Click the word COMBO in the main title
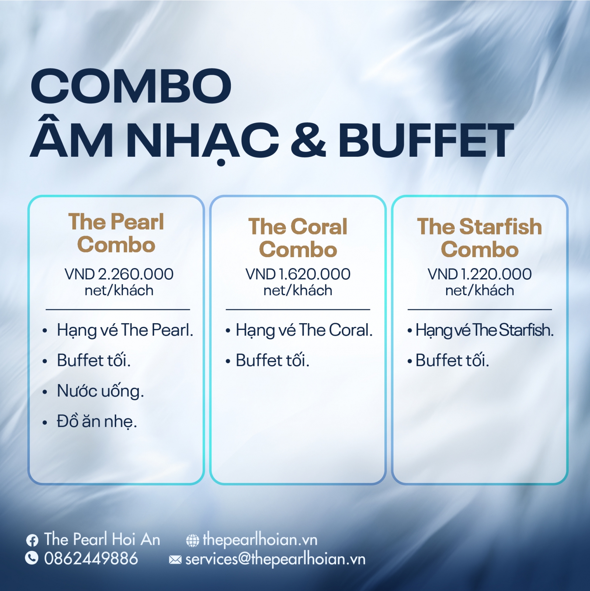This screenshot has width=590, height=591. [x=131, y=86]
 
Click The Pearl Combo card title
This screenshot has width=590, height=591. [x=116, y=233]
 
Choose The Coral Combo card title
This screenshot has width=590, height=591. [x=298, y=238]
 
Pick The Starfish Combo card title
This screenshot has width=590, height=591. [x=479, y=238]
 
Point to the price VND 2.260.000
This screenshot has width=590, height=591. [x=119, y=274]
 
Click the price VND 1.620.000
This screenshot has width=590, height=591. [x=298, y=274]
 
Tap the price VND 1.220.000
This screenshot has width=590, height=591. [x=479, y=274]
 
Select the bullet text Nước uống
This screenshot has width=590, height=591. [x=100, y=391]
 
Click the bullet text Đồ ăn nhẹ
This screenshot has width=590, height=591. [x=97, y=421]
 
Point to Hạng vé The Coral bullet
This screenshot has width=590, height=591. [x=304, y=330]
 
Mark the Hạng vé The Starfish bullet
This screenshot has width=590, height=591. [x=485, y=330]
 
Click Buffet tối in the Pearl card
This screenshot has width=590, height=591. [x=94, y=360]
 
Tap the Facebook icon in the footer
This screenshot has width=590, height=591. [x=32, y=540]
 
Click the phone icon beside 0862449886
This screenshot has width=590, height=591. [x=32, y=558]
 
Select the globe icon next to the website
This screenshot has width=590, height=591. [x=192, y=541]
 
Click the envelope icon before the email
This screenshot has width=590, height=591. [x=175, y=560]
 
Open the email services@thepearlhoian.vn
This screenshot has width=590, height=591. [x=275, y=559]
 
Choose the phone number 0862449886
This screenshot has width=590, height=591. [x=91, y=558]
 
